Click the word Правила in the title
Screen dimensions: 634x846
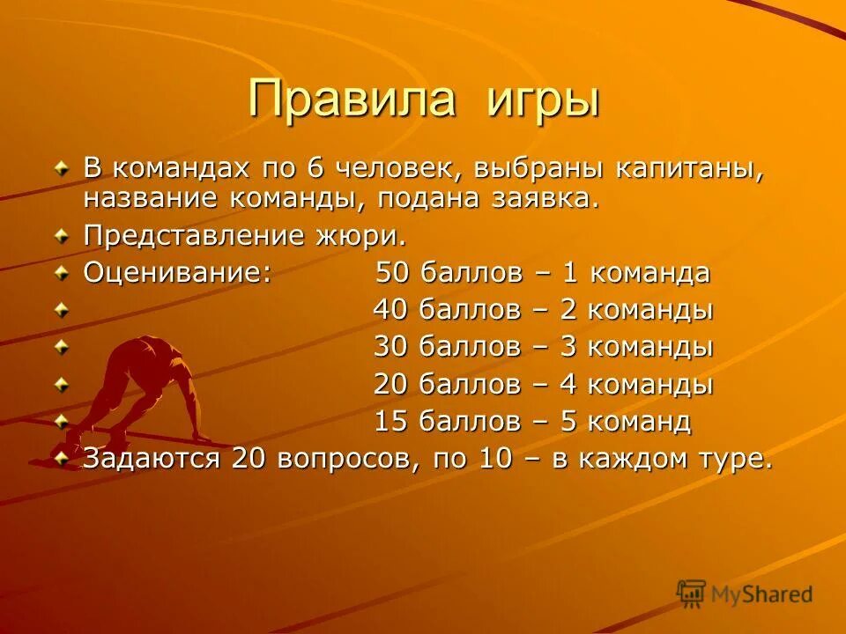point(352,98)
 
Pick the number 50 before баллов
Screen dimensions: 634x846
point(394,273)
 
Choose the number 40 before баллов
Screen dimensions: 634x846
point(391,310)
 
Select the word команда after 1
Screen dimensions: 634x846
point(649,273)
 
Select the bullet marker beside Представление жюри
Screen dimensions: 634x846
point(61,236)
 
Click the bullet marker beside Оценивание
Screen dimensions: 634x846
point(61,272)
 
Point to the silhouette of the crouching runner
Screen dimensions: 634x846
point(145,387)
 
